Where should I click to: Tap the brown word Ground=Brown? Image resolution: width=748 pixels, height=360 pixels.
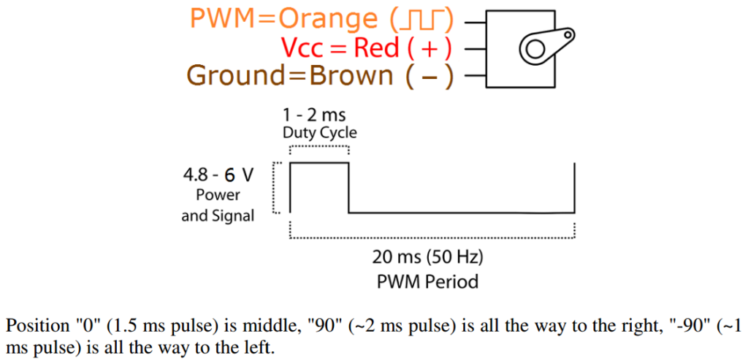pyautogui.click(x=288, y=75)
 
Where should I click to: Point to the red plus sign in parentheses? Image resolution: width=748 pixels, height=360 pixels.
pyautogui.click(x=429, y=48)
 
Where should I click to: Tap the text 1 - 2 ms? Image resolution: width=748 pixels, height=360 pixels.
pyautogui.click(x=314, y=115)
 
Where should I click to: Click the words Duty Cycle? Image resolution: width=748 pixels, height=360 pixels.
pyautogui.click(x=320, y=133)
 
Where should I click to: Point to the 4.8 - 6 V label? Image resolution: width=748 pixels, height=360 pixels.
pyautogui.click(x=218, y=175)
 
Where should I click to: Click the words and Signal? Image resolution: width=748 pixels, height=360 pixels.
pyautogui.click(x=218, y=215)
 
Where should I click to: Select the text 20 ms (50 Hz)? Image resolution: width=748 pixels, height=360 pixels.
pyautogui.click(x=428, y=258)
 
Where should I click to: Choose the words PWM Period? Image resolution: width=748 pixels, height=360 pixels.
pyautogui.click(x=428, y=281)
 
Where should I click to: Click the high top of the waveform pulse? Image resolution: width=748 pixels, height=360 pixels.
pyautogui.click(x=319, y=164)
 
